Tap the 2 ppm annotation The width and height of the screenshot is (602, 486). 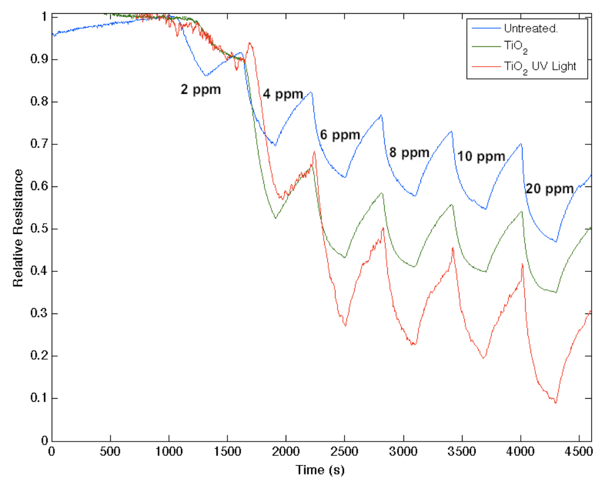(x=201, y=90)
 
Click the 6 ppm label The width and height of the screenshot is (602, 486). (x=340, y=135)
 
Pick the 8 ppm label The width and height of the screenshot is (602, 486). (x=409, y=153)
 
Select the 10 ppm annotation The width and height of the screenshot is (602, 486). (x=481, y=156)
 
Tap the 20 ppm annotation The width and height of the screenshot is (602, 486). (x=550, y=189)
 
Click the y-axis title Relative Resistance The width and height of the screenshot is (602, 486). (x=19, y=228)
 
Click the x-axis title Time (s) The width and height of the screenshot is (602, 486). (x=320, y=469)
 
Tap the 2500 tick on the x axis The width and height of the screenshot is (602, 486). (x=344, y=451)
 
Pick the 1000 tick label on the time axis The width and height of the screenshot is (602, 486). (x=168, y=451)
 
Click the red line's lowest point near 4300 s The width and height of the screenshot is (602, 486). (x=556, y=402)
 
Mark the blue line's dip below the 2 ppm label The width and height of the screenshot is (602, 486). (x=206, y=75)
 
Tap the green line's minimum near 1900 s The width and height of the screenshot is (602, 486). (x=275, y=218)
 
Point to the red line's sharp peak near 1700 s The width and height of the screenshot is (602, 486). (x=250, y=43)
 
